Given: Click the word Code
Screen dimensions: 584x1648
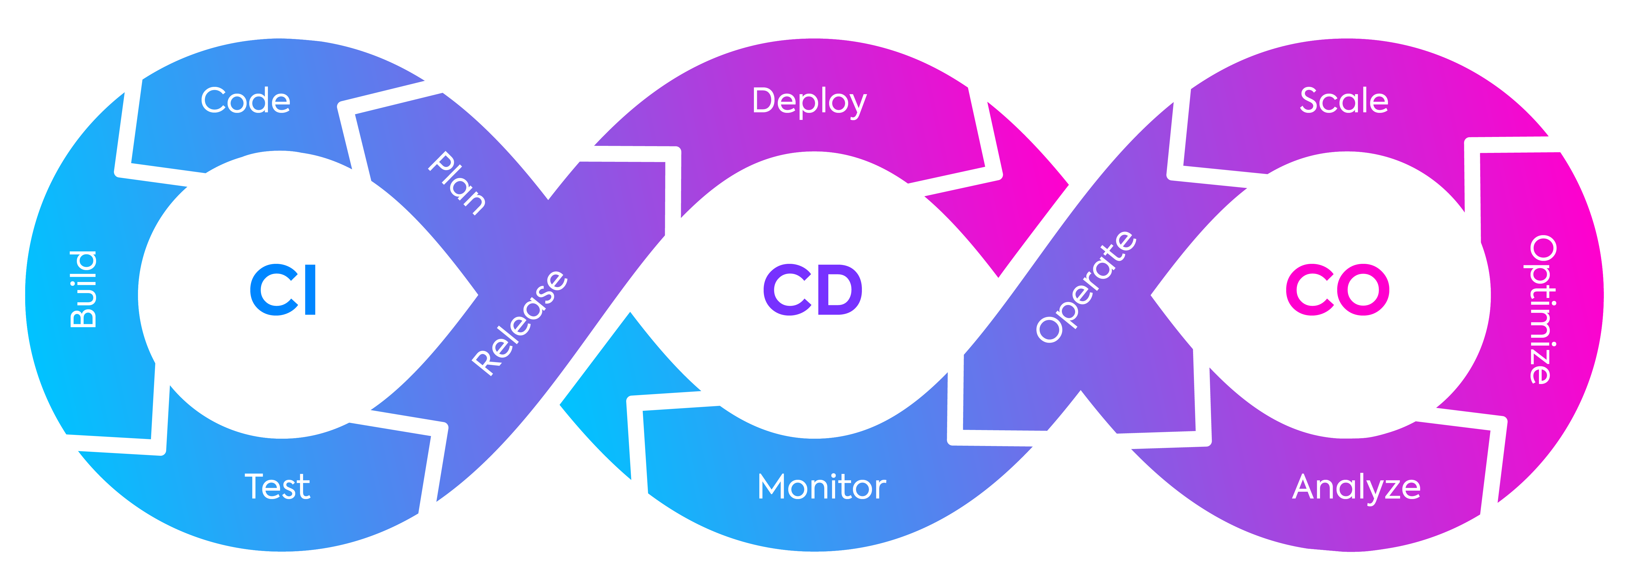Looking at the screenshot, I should (x=246, y=101).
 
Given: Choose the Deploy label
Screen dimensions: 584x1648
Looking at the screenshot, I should (x=809, y=102).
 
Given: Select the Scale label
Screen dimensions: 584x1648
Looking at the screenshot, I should (x=1344, y=101).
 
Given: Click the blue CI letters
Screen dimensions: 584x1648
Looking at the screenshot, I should (x=283, y=290).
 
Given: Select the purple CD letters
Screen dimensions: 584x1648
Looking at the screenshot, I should (x=812, y=290).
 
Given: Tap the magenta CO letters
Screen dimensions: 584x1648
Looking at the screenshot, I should (x=1337, y=290).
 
